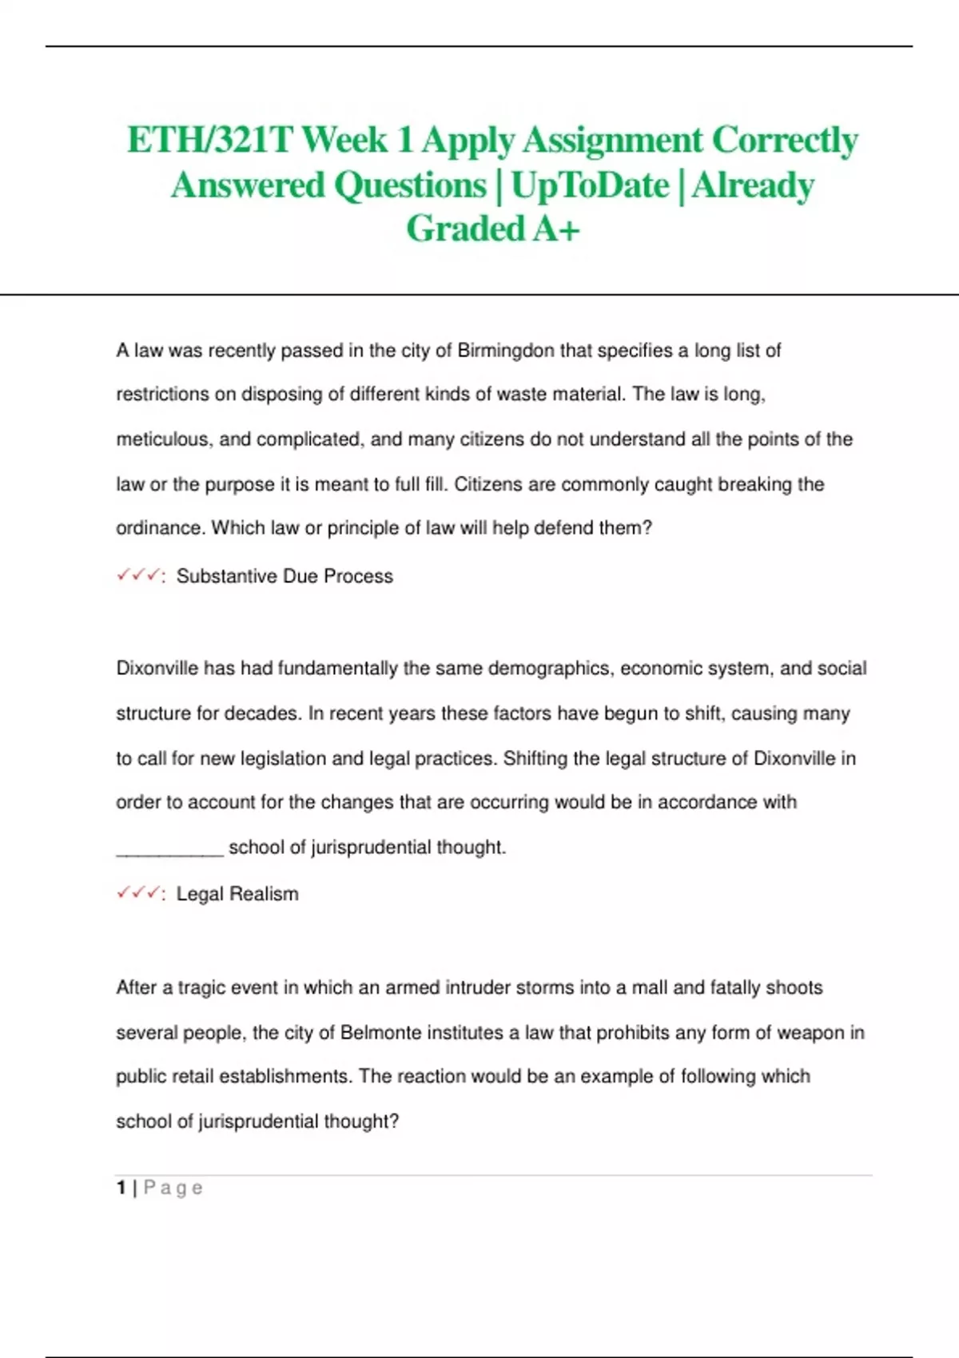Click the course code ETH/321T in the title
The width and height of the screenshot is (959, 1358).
pyautogui.click(x=211, y=141)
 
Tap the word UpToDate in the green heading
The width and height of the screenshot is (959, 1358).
pyautogui.click(x=590, y=185)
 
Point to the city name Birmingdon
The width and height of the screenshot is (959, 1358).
pyautogui.click(x=506, y=351)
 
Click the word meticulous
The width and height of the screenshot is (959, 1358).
pyautogui.click(x=164, y=439)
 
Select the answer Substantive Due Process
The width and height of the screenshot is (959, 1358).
pyautogui.click(x=285, y=576)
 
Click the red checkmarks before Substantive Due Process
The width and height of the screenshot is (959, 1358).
pyautogui.click(x=137, y=575)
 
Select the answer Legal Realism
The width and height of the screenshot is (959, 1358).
pyautogui.click(x=237, y=894)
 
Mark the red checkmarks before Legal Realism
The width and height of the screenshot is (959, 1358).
pyautogui.click(x=137, y=893)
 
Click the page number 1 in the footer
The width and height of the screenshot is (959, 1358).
pyautogui.click(x=121, y=1188)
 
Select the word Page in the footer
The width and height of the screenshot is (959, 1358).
pyautogui.click(x=173, y=1189)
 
